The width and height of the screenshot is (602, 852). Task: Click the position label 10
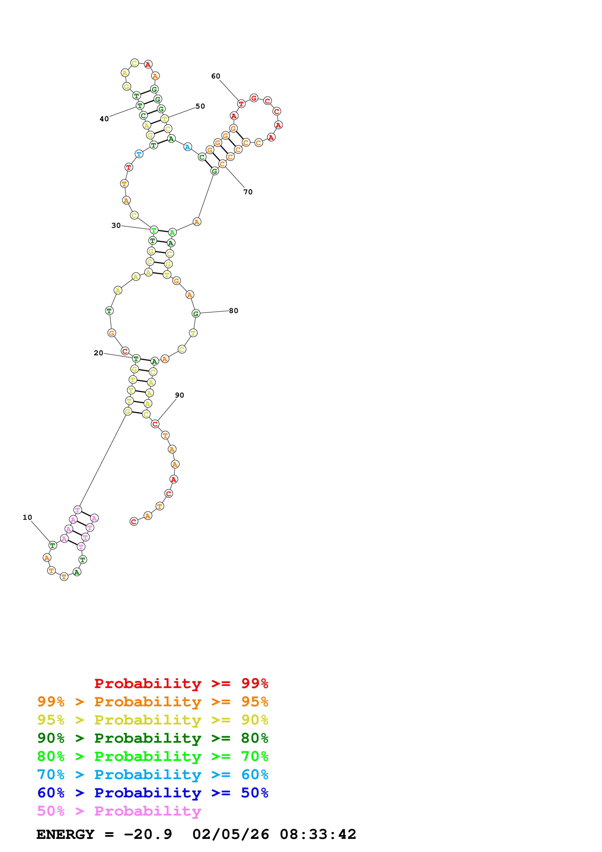click(x=27, y=517)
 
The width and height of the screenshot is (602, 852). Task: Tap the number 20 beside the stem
click(x=98, y=353)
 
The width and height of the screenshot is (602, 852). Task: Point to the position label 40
click(x=104, y=119)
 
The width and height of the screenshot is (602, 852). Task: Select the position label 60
click(x=215, y=76)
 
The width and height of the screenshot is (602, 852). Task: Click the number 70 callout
click(x=248, y=192)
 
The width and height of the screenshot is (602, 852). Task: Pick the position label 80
click(x=233, y=311)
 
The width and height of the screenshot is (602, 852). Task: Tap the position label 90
click(x=179, y=395)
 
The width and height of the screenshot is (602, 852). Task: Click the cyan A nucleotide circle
click(x=188, y=147)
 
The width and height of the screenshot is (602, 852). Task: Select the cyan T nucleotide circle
click(x=139, y=154)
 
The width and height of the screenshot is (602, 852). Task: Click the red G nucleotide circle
click(x=254, y=98)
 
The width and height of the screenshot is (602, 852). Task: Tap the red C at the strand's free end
click(x=134, y=522)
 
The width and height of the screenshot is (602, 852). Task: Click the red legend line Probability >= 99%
click(x=181, y=683)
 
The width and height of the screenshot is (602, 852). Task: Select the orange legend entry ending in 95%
click(x=153, y=701)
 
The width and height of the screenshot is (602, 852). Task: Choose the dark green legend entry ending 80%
click(x=153, y=738)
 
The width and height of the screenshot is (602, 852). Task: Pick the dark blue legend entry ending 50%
click(x=153, y=793)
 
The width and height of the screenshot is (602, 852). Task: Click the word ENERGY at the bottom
click(x=65, y=834)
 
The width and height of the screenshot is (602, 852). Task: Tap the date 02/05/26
click(x=231, y=834)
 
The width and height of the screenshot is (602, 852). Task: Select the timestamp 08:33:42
click(x=318, y=834)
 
